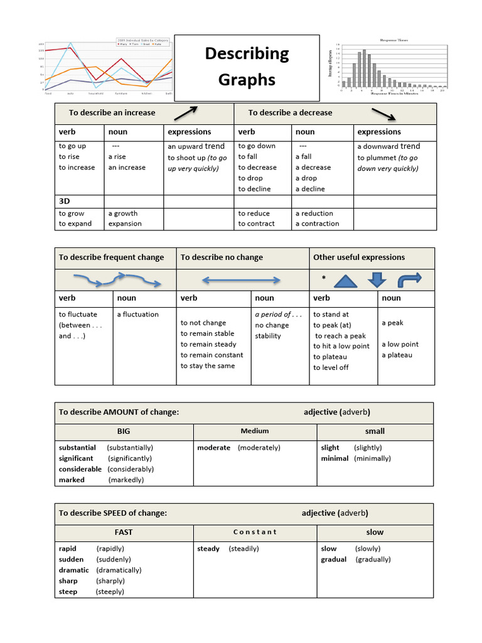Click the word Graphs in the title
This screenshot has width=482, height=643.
247,80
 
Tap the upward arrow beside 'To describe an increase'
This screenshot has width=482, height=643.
185,112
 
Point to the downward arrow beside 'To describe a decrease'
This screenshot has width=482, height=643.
383,114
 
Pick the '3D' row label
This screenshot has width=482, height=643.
65,202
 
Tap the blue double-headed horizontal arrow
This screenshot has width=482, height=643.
241,280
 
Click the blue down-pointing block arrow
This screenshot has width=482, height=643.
377,279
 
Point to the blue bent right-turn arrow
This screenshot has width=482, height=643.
410,278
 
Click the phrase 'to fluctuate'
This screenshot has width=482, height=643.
78,314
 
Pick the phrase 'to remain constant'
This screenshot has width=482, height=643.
212,355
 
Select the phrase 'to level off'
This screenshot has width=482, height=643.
331,367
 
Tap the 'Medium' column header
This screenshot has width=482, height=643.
254,431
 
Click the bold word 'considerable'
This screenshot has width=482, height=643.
80,469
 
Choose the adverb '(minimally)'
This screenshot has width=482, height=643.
372,458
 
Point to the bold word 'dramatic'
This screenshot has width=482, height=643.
74,570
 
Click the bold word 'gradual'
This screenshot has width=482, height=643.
333,559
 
